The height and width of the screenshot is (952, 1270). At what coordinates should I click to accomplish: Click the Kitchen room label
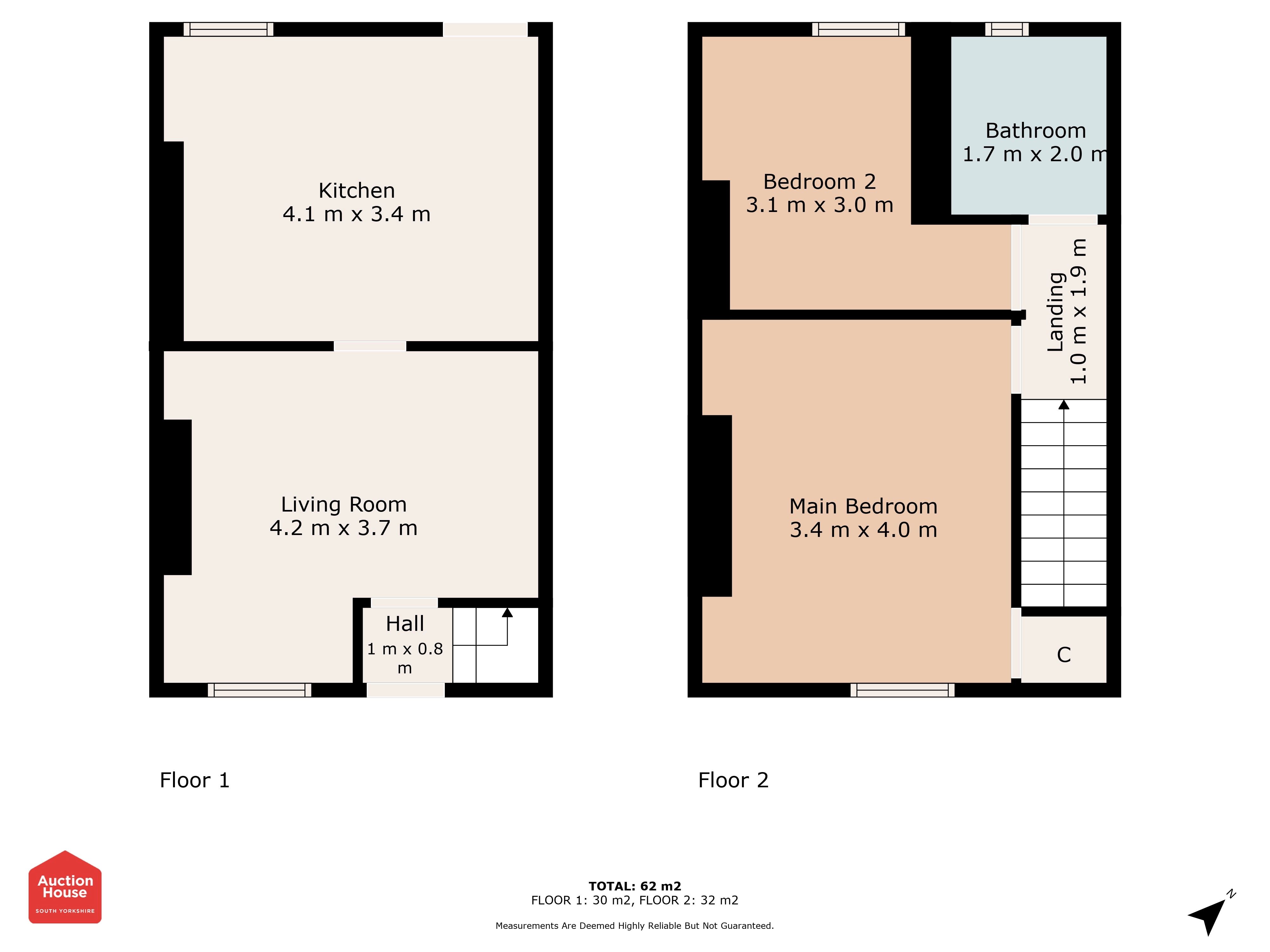click(x=357, y=190)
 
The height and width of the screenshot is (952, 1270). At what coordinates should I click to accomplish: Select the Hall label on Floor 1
click(x=405, y=624)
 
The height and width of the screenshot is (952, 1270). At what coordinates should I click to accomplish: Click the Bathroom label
click(x=1036, y=131)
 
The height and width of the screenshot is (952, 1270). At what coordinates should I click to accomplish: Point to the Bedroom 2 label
click(x=819, y=182)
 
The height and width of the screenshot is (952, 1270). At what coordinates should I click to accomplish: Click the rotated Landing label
click(x=1056, y=312)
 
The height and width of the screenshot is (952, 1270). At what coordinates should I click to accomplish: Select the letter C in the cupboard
click(x=1064, y=655)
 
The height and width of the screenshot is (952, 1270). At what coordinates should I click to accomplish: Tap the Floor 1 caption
click(x=195, y=780)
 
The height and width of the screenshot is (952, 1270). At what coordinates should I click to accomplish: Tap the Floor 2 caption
click(x=733, y=780)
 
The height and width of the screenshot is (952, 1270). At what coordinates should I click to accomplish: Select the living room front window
click(x=259, y=690)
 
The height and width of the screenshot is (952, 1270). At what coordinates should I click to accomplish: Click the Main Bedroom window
click(x=903, y=690)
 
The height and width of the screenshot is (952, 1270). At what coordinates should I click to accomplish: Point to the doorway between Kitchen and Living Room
click(x=370, y=346)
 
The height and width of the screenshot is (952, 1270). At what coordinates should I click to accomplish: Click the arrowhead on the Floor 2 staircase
click(x=1064, y=405)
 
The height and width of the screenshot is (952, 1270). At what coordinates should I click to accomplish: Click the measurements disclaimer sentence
click(x=634, y=926)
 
